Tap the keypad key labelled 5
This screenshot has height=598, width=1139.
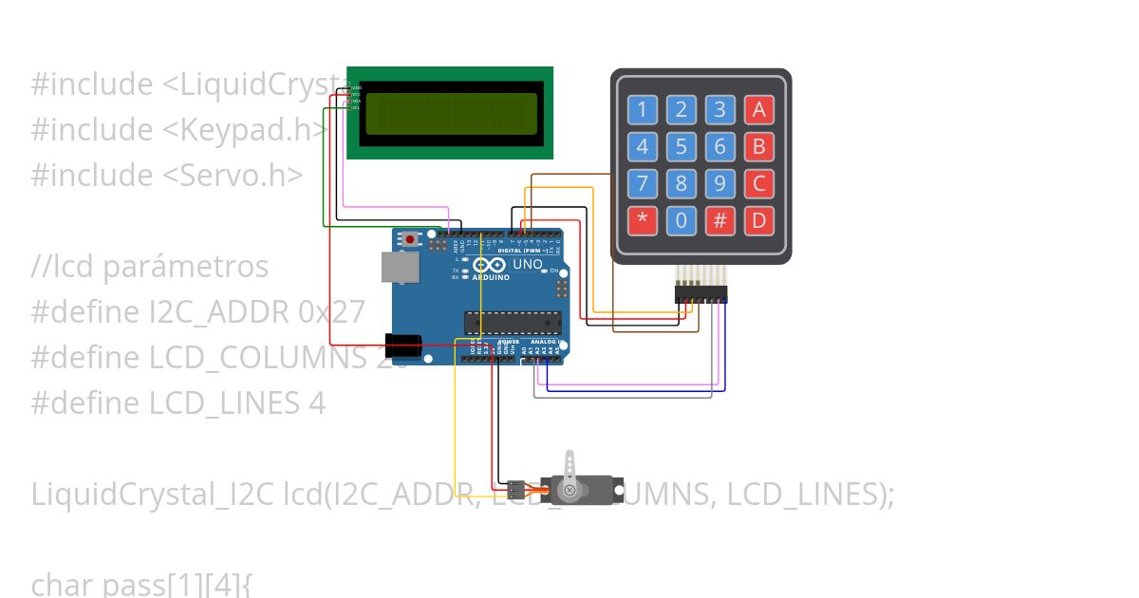pos(681,147)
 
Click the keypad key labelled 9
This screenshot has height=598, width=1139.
pos(720,183)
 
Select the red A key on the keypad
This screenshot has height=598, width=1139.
pos(758,110)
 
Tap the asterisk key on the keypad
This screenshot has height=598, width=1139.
pos(643,221)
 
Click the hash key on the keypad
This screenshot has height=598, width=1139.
pos(720,221)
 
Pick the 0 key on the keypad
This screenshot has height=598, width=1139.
pos(681,221)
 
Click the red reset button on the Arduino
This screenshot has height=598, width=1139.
pos(410,239)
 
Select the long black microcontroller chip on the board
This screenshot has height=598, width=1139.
pos(513,323)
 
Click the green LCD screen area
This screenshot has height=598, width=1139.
pos(451,113)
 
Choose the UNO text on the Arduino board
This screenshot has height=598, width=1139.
pos(528,264)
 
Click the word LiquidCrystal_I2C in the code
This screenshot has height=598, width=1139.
pos(153,495)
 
